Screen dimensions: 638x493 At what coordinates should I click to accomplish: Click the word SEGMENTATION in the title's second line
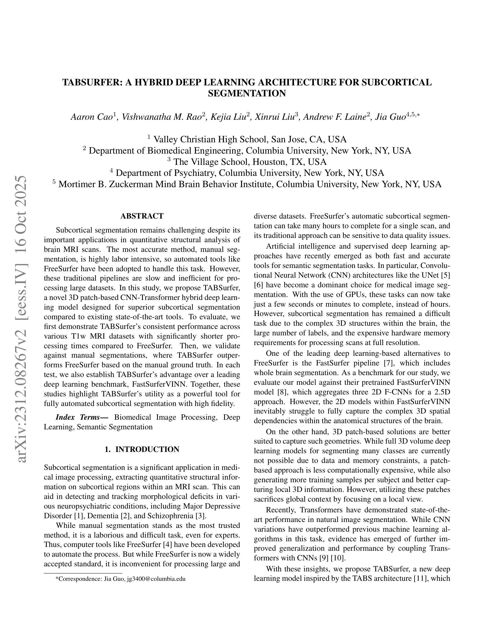[x=247, y=93]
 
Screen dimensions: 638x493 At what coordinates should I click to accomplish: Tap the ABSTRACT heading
[x=142, y=216]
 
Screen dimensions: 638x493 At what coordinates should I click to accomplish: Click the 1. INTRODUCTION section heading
[x=142, y=449]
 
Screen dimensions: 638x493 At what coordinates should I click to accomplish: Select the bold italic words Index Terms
[x=81, y=417]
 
